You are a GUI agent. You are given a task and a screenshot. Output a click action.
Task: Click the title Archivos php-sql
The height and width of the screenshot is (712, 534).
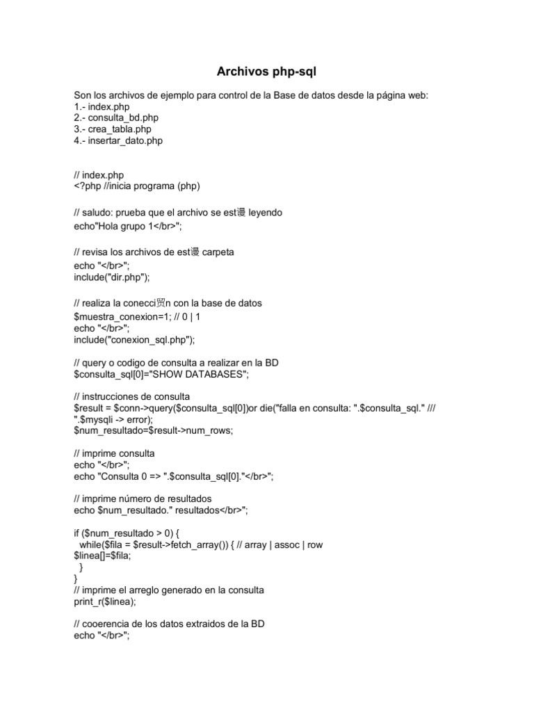click(266, 72)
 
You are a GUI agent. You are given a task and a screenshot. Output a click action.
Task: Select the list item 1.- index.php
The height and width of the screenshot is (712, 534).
click(102, 107)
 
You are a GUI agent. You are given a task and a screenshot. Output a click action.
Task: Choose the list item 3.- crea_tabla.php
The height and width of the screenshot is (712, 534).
click(113, 129)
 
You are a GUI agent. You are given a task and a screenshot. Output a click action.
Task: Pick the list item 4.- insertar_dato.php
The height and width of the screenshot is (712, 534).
click(118, 140)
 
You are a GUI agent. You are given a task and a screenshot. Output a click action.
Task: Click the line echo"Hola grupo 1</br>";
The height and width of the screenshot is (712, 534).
click(132, 226)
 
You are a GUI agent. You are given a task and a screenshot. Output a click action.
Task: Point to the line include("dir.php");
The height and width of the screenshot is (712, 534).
click(111, 276)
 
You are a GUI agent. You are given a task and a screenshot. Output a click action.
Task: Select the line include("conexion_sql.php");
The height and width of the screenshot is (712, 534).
click(135, 340)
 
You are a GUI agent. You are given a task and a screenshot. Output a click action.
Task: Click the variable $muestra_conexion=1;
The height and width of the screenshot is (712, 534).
click(122, 317)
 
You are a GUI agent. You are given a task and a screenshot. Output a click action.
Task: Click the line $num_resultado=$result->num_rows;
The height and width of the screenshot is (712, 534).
click(154, 430)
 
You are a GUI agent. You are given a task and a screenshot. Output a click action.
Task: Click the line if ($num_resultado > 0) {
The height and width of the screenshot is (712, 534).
click(127, 533)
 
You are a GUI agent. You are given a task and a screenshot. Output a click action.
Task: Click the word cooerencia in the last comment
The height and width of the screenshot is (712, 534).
click(111, 624)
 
